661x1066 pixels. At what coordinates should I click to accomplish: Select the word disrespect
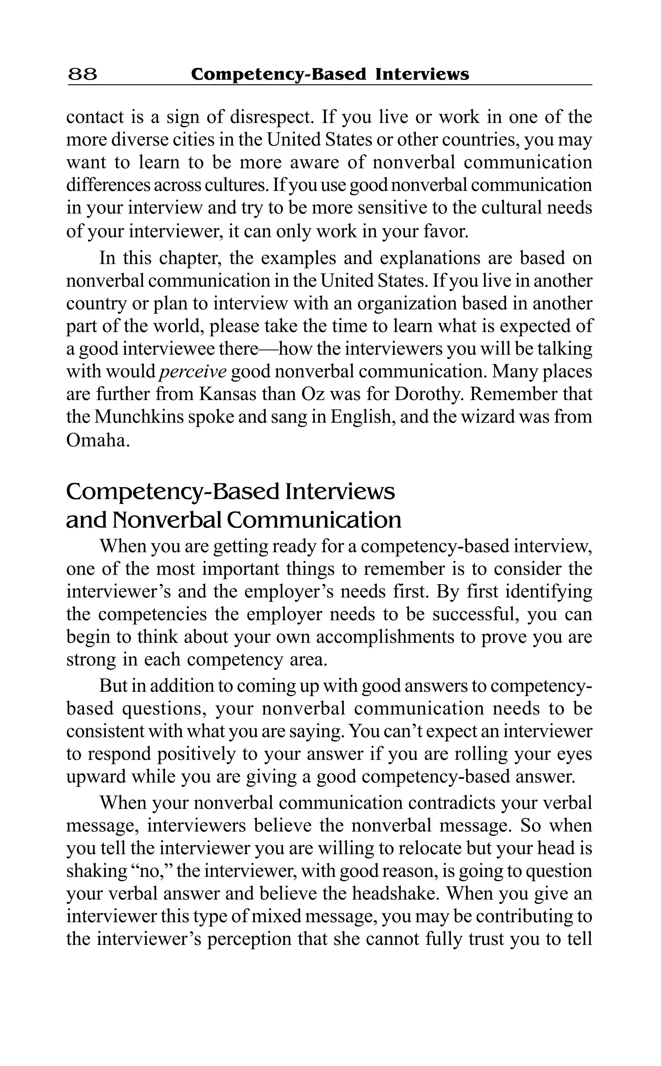270,117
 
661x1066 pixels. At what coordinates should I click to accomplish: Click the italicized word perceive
193,372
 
